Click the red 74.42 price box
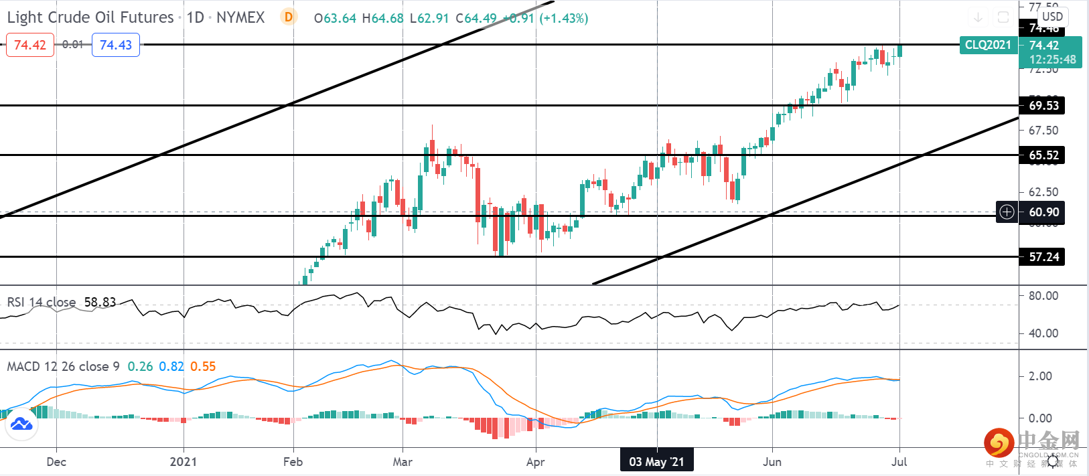pos(30,45)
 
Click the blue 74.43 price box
pos(116,45)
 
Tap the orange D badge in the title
pos(289,17)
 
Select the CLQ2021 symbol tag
pos(988,45)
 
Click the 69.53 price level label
pos(1043,105)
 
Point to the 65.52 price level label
pos(1043,155)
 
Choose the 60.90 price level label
pos(1043,212)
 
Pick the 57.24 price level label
pos(1043,257)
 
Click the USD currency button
pos(1052,17)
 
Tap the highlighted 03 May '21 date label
pos(656,461)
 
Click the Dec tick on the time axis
pos(56,461)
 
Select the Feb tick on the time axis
pos(293,461)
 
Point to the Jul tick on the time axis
pos(899,461)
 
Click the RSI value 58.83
pos(100,302)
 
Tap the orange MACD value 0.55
pos(203,366)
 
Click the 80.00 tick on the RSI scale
pos(1043,295)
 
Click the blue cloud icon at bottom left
pos(21,424)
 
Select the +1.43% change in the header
pos(564,18)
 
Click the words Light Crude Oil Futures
pos(90,17)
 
